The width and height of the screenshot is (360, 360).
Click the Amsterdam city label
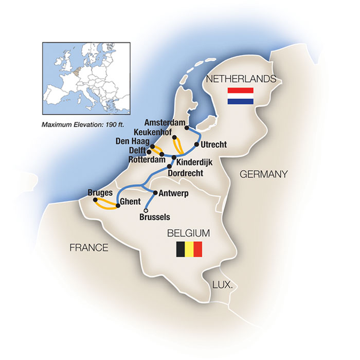[x=165, y=123]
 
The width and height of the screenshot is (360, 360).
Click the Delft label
[x=136, y=151]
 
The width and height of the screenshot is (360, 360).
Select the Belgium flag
[x=189, y=249]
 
